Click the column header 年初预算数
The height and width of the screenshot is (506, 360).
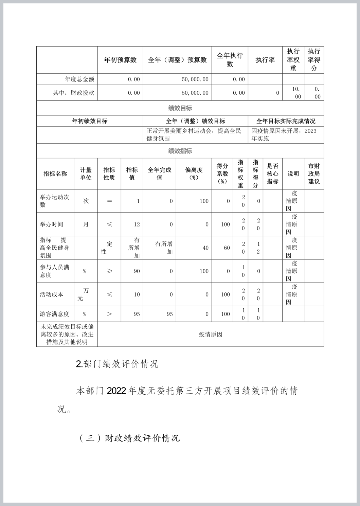click(x=120, y=60)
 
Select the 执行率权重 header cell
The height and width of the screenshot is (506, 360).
click(x=293, y=60)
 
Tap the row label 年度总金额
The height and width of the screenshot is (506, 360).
click(x=79, y=79)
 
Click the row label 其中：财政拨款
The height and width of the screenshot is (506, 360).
click(x=73, y=93)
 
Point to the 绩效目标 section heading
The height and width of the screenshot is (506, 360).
click(x=180, y=108)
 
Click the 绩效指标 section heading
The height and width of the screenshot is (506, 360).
click(x=180, y=151)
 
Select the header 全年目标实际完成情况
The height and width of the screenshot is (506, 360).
click(x=286, y=121)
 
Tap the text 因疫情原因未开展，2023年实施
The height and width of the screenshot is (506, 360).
click(x=284, y=134)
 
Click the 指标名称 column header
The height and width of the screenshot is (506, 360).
click(x=55, y=174)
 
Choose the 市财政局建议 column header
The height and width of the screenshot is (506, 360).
click(x=314, y=174)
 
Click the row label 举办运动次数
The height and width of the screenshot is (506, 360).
click(x=55, y=201)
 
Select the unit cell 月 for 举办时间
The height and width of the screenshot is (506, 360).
click(x=86, y=224)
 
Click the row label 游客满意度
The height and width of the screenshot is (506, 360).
click(x=54, y=314)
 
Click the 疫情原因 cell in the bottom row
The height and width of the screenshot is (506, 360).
click(x=211, y=334)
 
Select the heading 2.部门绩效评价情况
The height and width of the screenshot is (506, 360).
click(x=117, y=364)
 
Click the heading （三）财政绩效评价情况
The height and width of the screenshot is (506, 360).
click(x=129, y=438)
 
